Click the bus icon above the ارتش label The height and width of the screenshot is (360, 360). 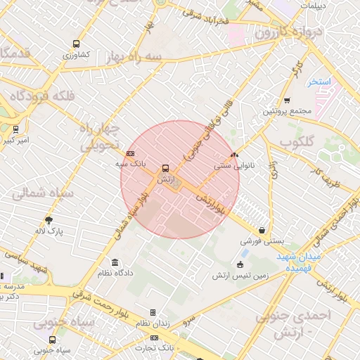pos(165,168)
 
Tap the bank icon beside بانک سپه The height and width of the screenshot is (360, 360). pos(130,153)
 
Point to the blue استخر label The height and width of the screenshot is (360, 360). pos(319,82)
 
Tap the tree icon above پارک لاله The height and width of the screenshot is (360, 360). pos(49,219)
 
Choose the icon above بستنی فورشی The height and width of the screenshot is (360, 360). pos(262,230)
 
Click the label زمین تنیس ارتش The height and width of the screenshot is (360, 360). pos(240,276)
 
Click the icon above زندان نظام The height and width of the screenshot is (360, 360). pos(153,312)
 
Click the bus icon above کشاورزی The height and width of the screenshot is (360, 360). pos(76,44)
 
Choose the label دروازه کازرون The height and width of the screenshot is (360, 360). pos(285,33)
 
